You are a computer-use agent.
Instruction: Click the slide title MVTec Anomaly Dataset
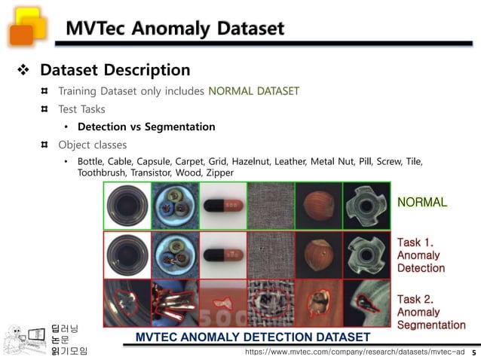tap(175, 29)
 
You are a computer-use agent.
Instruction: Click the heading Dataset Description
tap(115, 70)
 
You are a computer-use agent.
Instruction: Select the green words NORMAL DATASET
tap(253, 91)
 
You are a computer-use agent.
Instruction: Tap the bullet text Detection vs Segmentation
tap(146, 127)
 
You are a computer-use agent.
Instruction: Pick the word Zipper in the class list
tap(219, 172)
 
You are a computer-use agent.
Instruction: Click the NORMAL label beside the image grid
tap(422, 202)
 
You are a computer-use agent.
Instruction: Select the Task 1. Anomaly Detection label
tap(421, 255)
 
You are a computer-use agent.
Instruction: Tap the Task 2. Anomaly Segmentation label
tap(430, 312)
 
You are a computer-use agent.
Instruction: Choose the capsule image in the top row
tap(222, 206)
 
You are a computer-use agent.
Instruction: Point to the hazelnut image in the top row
tap(317, 206)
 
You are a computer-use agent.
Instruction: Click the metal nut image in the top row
tap(366, 206)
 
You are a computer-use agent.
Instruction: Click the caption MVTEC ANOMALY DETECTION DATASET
tap(253, 337)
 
